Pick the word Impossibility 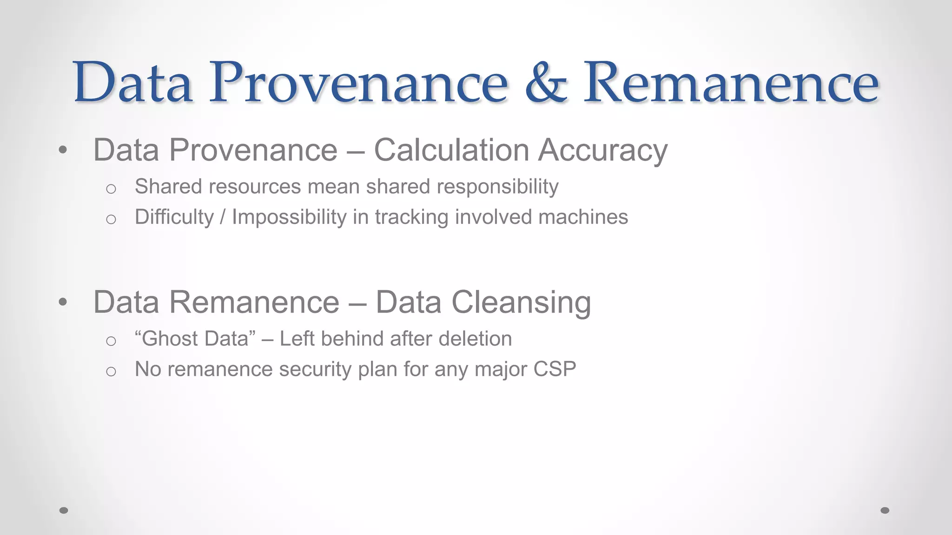[289, 217]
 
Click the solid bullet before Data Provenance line [63, 150]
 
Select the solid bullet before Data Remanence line [63, 302]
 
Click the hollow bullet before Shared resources [111, 189]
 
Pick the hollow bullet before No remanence [111, 371]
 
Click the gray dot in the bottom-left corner [64, 510]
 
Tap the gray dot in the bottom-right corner [885, 510]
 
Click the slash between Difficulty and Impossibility [223, 217]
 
